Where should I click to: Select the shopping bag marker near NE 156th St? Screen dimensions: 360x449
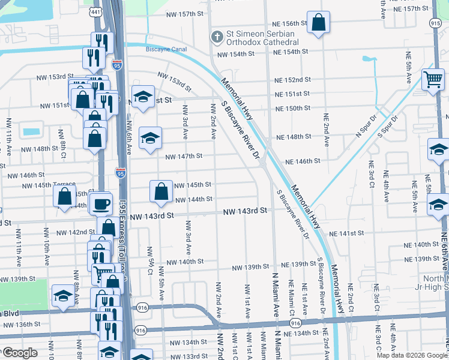[319, 23]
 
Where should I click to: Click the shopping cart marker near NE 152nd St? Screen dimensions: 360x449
[432, 79]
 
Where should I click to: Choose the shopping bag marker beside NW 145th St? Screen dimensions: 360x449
[161, 192]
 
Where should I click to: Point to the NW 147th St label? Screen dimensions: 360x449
[184, 156]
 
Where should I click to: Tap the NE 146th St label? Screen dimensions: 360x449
[304, 161]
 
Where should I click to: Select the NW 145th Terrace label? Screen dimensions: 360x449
[50, 185]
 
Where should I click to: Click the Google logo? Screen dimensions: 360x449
[20, 353]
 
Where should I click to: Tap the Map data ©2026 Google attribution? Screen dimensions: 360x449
[411, 355]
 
